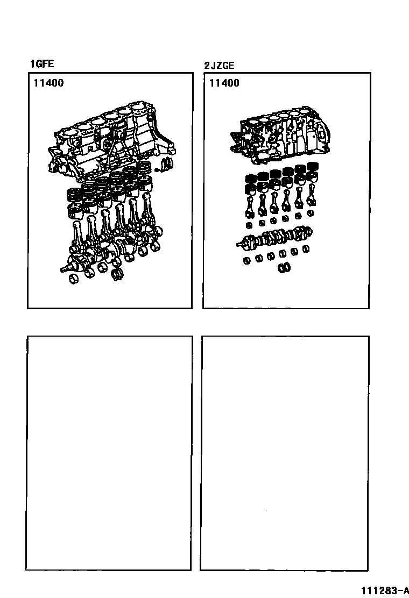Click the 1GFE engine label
click(x=42, y=63)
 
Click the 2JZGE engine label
click(x=219, y=66)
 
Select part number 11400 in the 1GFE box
click(x=48, y=83)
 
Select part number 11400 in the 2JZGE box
click(x=224, y=83)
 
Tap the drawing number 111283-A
click(x=383, y=590)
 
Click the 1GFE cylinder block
click(x=111, y=141)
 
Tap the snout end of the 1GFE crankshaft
click(x=63, y=269)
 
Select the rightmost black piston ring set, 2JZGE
click(x=313, y=166)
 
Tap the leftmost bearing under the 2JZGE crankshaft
click(x=247, y=261)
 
